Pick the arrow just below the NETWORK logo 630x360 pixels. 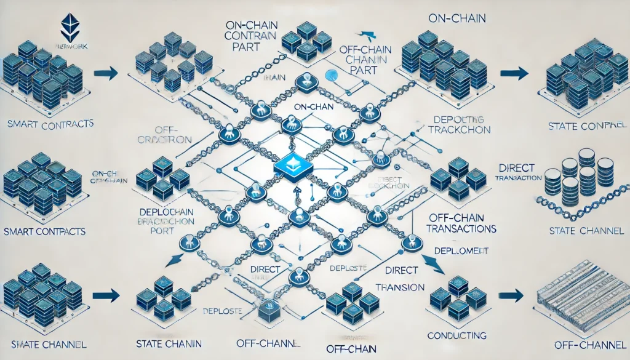(x=108, y=74)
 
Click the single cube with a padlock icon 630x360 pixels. (x=269, y=311)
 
